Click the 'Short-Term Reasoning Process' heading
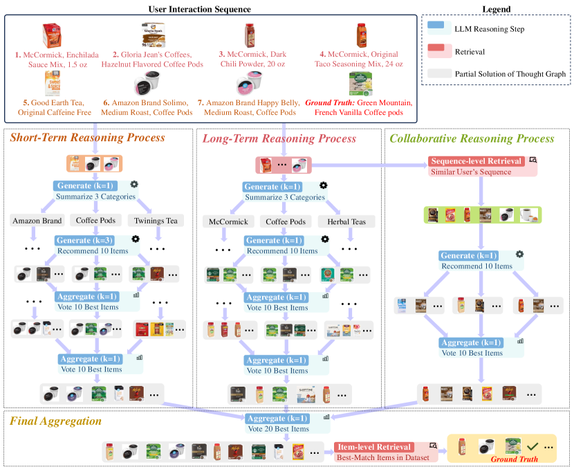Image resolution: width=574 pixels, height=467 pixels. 87,137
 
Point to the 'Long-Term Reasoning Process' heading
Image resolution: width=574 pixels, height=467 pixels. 279,138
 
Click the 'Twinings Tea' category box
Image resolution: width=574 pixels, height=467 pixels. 155,221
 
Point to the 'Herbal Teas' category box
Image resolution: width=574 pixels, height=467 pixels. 346,221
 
